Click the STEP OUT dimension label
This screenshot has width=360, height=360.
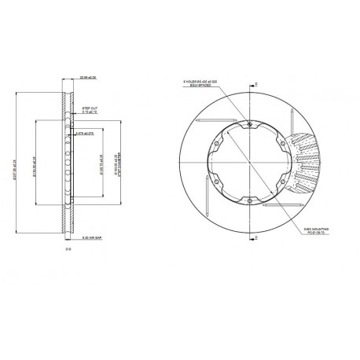click(x=90, y=109)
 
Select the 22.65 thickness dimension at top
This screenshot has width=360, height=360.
click(x=89, y=77)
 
